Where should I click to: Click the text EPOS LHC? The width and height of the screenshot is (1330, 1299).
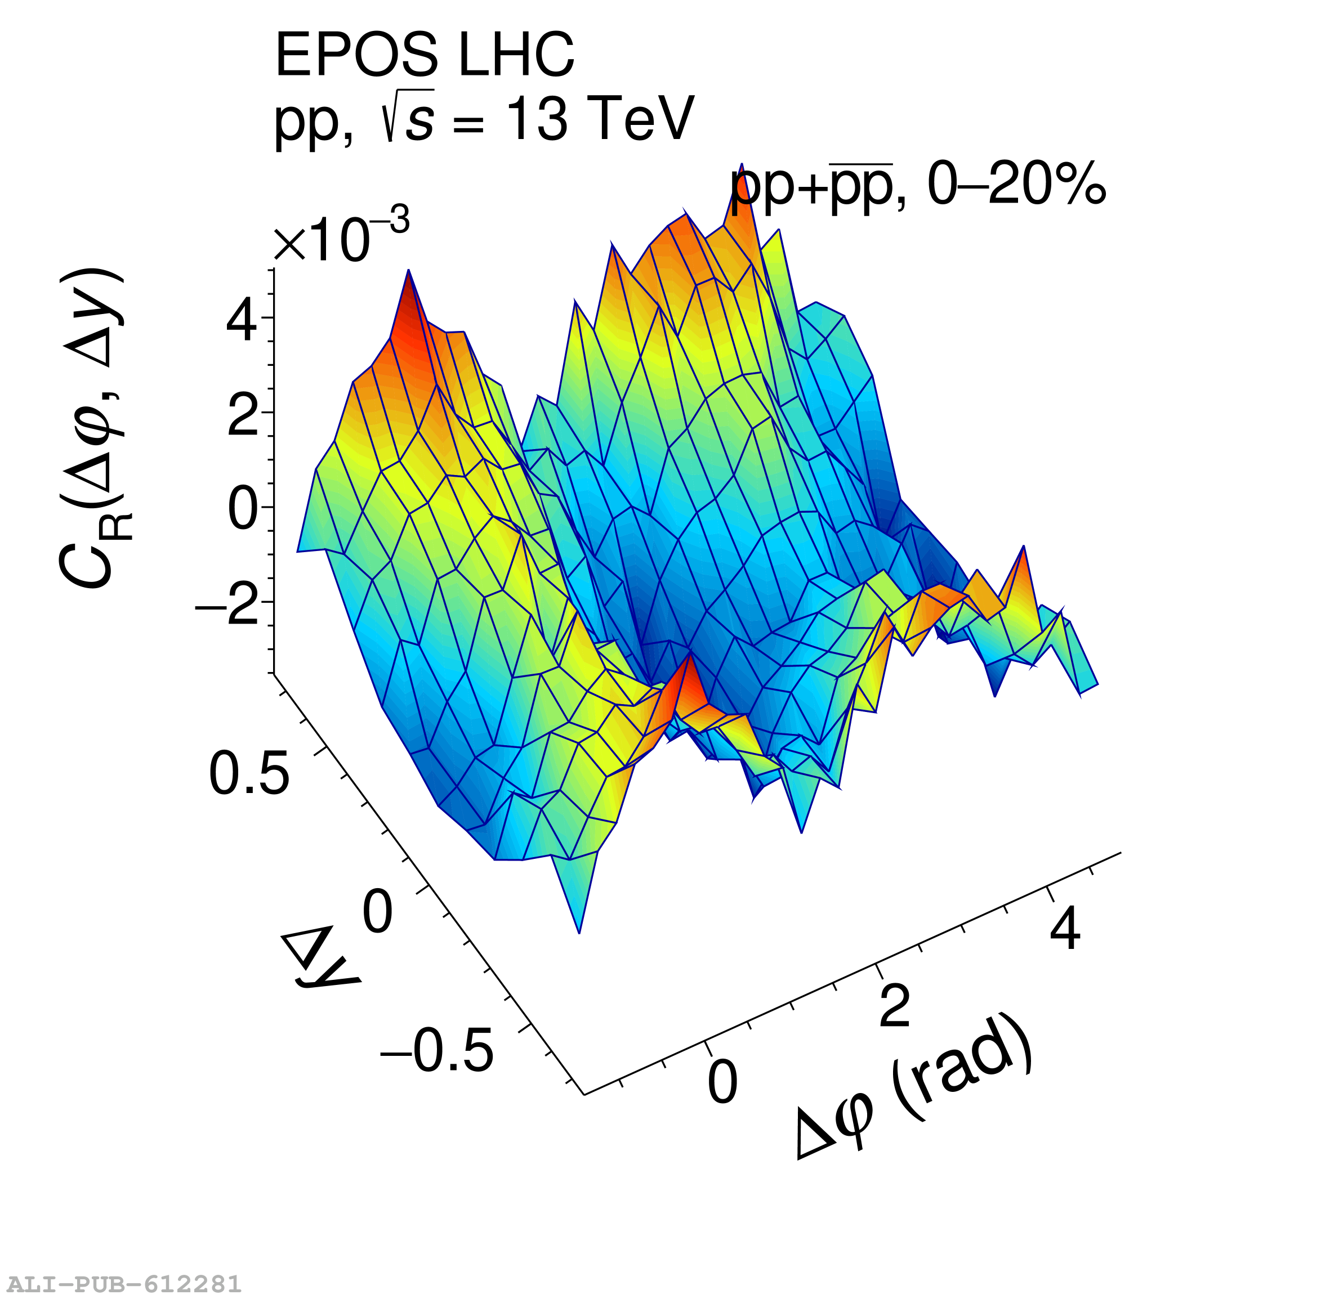425,56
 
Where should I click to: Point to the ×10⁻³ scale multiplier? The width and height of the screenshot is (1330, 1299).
341,238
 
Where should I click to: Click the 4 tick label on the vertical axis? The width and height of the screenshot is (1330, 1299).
242,319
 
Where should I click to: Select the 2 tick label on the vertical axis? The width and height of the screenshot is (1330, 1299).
242,414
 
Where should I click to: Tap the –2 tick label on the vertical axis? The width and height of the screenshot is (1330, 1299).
228,604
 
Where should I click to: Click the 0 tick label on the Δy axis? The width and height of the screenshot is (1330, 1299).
377,912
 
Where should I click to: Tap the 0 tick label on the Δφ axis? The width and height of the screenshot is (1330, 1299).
722,1083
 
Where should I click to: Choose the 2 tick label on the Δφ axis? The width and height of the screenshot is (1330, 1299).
894,1006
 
